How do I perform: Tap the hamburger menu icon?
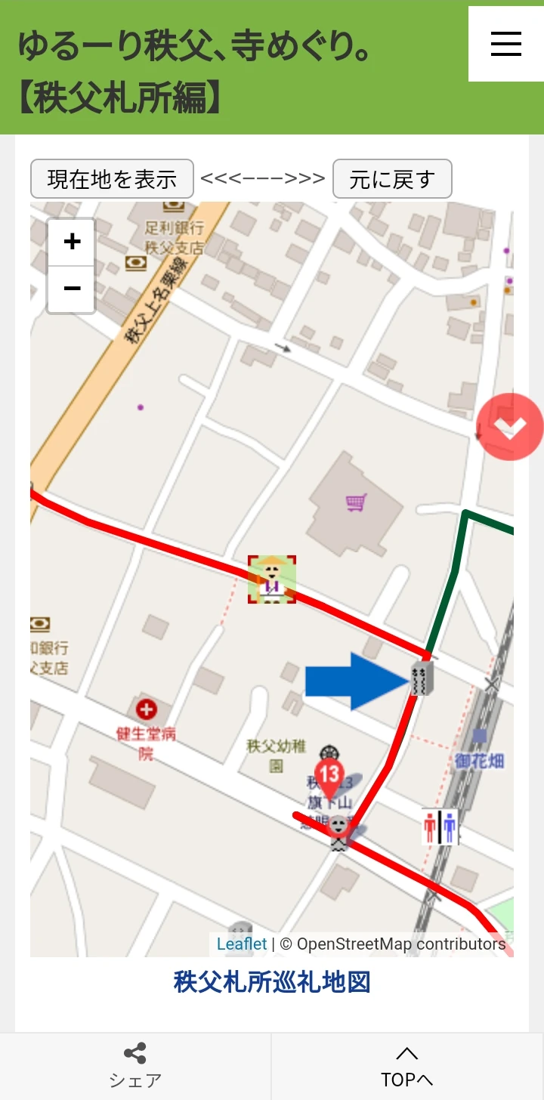505,44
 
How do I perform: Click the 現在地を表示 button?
112,179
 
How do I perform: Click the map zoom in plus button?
72,242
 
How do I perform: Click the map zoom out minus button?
72,289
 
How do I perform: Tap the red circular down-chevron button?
510,427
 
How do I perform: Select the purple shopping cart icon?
356,502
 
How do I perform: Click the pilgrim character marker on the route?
272,579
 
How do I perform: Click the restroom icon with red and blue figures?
440,827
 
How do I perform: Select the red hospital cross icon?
146,709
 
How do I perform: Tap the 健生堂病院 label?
146,742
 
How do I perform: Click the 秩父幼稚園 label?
277,755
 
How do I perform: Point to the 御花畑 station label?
479,760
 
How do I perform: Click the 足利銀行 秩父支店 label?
175,236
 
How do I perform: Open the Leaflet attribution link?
241,944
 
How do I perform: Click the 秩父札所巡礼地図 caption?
272,982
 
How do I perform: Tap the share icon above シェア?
134,1053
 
